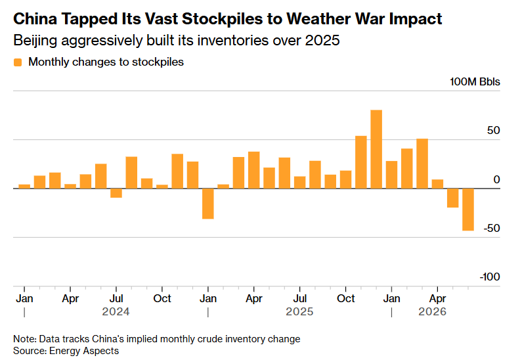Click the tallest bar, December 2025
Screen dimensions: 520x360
376,149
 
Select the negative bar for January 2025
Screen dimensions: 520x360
208,204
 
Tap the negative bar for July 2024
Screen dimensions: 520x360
116,193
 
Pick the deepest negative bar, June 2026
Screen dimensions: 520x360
468,210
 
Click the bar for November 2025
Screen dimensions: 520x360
361,162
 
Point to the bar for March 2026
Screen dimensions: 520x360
422,164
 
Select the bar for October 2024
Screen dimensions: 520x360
162,187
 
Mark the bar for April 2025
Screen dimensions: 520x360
254,170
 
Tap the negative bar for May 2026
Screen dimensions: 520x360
452,198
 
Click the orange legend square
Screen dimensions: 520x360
18,62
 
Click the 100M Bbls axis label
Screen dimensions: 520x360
475,81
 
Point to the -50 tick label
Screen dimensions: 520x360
492,228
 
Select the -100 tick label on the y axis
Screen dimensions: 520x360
490,277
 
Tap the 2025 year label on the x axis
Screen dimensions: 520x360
299,311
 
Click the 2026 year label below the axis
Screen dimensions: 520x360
432,311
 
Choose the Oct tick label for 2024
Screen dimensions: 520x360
162,299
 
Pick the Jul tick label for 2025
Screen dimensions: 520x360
300,299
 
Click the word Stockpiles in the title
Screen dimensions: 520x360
222,19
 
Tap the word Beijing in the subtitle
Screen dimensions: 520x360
35,41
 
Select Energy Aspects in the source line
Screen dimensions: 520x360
84,351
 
